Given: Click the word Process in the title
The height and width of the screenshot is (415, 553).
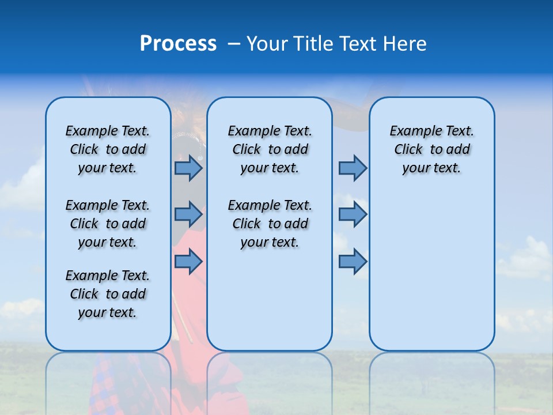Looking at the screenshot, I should pos(178,44).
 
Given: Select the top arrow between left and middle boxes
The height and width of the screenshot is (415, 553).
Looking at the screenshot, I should pos(188,168).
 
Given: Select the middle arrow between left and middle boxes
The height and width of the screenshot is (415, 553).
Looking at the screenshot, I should pos(188,214).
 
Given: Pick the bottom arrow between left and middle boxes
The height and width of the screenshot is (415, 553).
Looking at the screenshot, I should pos(188,262).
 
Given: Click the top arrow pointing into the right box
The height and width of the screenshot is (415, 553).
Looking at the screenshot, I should pos(353,168).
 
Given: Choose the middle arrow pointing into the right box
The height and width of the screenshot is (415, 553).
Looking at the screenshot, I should pos(353,214).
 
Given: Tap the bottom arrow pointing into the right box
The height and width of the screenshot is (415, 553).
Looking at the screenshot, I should pos(353,262).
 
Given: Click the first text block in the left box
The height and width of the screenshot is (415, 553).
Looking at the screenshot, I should pos(108,150).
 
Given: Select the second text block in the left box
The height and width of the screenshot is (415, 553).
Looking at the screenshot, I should pos(108,224).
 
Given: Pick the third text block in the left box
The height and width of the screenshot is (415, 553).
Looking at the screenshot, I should pos(108,294).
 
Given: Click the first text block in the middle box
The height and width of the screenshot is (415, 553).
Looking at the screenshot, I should pos(270,150).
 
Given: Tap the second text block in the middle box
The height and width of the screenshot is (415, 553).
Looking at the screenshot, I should pos(270,224).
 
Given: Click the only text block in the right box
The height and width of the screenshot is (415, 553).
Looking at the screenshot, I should pos(431,150).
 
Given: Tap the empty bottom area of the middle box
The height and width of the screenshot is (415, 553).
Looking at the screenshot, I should pos(270,305).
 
